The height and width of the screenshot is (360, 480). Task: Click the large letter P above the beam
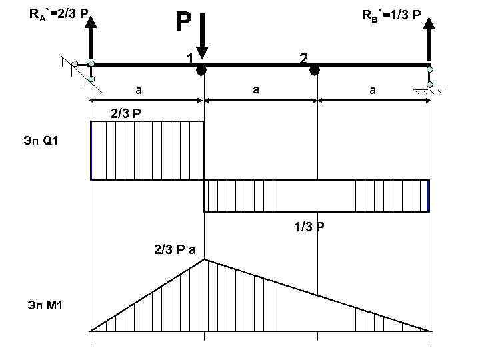coord(183,22)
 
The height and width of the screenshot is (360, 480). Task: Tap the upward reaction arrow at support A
coord(91,37)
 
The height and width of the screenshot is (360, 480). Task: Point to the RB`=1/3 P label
coord(391,14)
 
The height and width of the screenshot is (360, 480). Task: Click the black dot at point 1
coord(201,69)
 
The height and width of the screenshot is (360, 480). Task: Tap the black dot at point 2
coord(314,69)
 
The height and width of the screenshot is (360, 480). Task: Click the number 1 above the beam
coord(190,58)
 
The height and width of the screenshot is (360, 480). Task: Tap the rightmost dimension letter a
coord(372,89)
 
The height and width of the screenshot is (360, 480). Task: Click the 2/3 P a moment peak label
coord(174,250)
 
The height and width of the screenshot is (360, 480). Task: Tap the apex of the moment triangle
coord(204,260)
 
